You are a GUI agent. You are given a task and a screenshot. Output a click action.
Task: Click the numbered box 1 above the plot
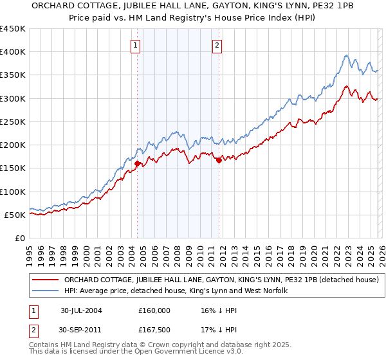tap(136, 45)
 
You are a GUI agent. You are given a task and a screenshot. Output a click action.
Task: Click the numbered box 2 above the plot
tap(217, 45)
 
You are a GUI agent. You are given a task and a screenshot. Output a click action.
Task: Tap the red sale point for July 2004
tap(137, 164)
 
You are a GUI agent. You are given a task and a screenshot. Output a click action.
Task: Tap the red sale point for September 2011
tap(219, 161)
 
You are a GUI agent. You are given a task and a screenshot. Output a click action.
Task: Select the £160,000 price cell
tap(154, 310)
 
